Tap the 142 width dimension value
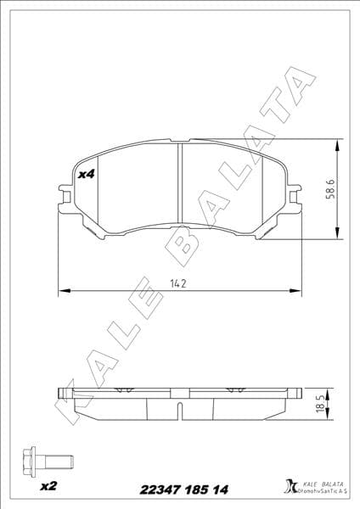click(178, 282)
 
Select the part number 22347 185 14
click(178, 489)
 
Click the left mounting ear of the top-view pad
click(63, 194)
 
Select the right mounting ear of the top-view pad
click(294, 194)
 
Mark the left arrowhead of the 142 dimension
click(61, 292)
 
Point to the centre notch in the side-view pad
click(179, 411)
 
